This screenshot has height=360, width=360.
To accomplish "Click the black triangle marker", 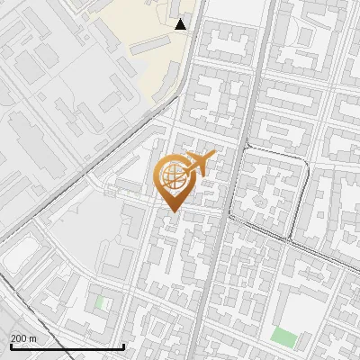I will pyautogui.click(x=181, y=23).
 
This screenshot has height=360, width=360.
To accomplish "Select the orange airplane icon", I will pyautogui.click(x=199, y=163).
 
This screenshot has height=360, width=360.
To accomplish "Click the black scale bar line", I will pyautogui.click(x=67, y=346).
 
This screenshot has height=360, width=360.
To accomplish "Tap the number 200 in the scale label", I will pyautogui.click(x=18, y=338).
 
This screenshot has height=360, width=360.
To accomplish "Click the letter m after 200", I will pyautogui.click(x=31, y=338).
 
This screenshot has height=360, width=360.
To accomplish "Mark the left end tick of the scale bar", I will pyautogui.click(x=10, y=346).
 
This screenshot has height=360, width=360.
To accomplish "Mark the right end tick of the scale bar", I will pyautogui.click(x=123, y=346).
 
